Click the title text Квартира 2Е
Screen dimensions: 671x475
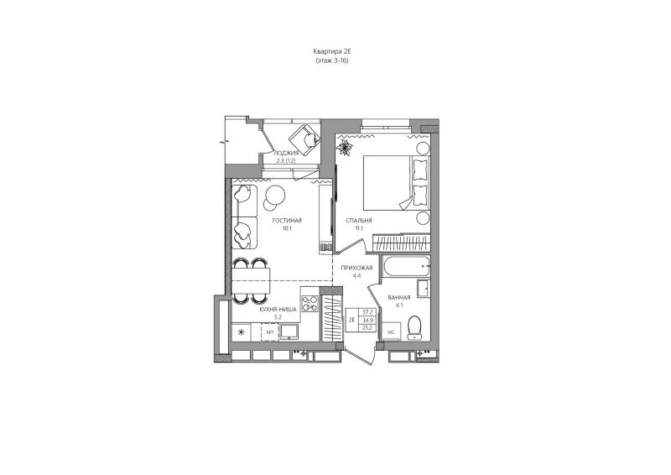331,51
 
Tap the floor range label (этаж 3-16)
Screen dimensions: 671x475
331,60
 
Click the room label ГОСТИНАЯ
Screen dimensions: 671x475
287,221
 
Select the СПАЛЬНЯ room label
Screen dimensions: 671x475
359,221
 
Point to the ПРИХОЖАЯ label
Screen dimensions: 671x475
356,268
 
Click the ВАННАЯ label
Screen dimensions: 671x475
399,298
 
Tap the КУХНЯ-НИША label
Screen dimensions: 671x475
278,309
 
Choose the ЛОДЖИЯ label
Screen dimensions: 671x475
286,153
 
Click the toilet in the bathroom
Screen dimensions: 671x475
414,327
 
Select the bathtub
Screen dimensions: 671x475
407,267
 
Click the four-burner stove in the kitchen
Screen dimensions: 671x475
309,304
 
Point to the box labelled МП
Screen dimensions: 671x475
270,332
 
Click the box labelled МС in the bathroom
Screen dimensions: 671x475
391,332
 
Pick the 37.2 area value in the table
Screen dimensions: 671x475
367,312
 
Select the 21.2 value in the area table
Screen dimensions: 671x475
367,327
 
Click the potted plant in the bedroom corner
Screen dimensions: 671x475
345,148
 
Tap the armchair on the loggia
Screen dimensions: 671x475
304,139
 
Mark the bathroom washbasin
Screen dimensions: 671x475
424,288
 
